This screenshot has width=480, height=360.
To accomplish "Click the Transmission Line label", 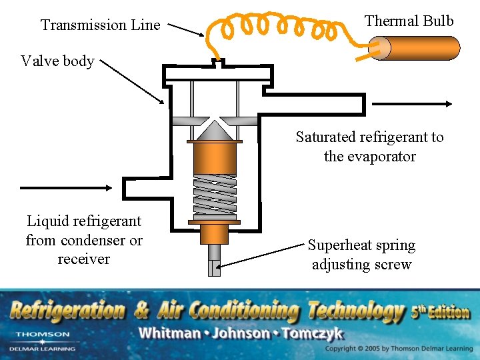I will tap(101, 25).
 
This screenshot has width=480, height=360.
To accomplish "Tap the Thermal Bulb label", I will tap(409, 21).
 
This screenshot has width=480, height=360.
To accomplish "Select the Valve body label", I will tap(57, 61).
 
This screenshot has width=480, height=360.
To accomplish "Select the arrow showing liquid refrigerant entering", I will tap(67, 187).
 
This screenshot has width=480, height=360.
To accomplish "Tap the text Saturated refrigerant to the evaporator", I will tap(369, 147).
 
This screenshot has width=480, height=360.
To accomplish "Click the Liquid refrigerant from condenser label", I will tap(84, 239).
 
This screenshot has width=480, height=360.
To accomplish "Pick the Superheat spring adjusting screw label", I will tap(361, 255).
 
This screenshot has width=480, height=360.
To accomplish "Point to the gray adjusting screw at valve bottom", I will tap(214, 260).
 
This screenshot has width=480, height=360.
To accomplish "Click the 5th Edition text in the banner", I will tap(440, 310).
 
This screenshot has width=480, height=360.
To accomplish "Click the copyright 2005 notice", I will tap(399, 349).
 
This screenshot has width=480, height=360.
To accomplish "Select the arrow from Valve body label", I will tap(131, 80).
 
